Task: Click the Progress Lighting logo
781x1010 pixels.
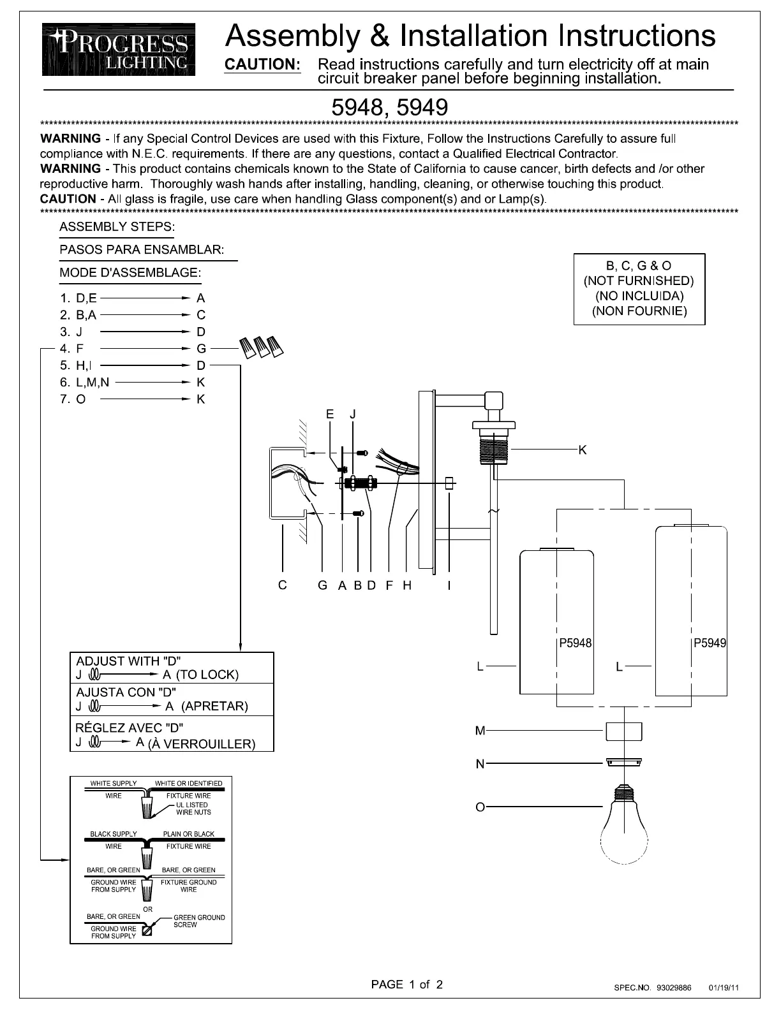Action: pyautogui.click(x=119, y=50)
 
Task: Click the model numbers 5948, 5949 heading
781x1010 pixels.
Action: pyautogui.click(x=389, y=107)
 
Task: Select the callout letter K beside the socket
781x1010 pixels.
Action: pyautogui.click(x=582, y=450)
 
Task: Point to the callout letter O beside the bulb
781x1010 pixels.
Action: pyautogui.click(x=480, y=807)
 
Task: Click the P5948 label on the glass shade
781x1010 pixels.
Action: pyautogui.click(x=575, y=643)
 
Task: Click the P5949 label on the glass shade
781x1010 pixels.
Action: pyautogui.click(x=710, y=643)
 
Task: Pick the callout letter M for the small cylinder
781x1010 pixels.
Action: pyautogui.click(x=480, y=731)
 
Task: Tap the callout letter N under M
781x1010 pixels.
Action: pyautogui.click(x=480, y=764)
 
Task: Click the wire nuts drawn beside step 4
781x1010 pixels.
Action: pyautogui.click(x=261, y=348)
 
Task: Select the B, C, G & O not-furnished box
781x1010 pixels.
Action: pyautogui.click(x=639, y=289)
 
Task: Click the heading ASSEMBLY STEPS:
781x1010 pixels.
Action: pyautogui.click(x=117, y=227)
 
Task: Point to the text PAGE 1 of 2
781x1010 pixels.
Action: pyautogui.click(x=406, y=984)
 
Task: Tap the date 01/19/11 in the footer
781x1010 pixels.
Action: pyautogui.click(x=724, y=988)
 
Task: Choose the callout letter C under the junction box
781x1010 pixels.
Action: pyautogui.click(x=282, y=585)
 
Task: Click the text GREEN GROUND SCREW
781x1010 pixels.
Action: pyautogui.click(x=198, y=921)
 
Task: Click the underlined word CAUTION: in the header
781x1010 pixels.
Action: pyautogui.click(x=263, y=64)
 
